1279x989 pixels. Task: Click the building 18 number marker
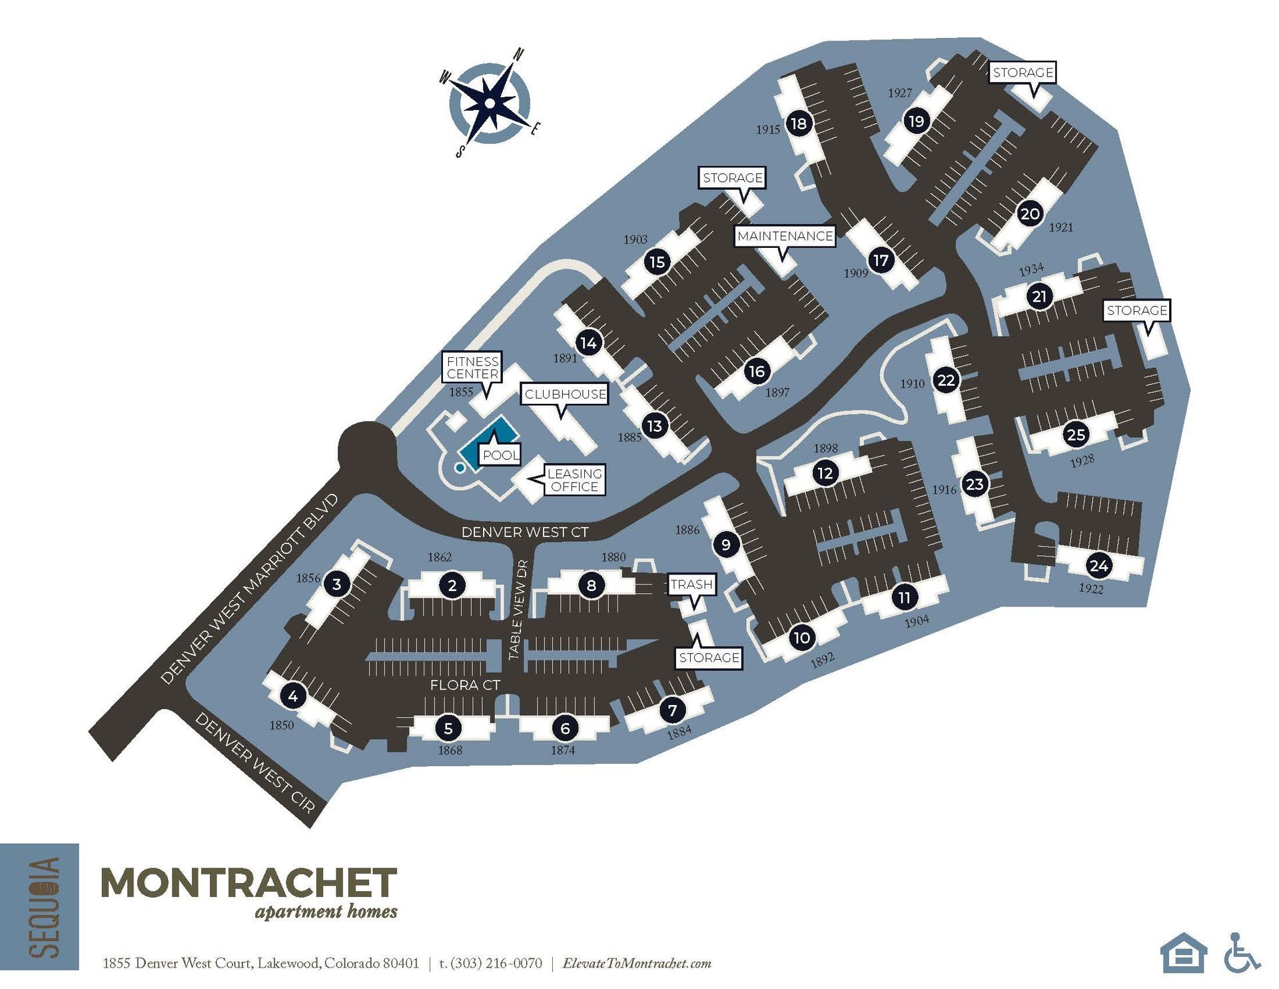(x=798, y=123)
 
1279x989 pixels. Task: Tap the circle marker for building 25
(x=1076, y=435)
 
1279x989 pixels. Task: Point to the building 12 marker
(x=825, y=473)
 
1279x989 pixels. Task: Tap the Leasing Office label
(x=574, y=480)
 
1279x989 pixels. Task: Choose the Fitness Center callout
(x=472, y=368)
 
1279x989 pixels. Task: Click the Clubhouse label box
(x=565, y=394)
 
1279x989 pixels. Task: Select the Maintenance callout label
(x=785, y=236)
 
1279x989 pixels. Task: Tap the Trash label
(x=691, y=584)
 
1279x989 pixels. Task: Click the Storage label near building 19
(x=1023, y=72)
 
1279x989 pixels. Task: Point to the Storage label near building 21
(x=1136, y=310)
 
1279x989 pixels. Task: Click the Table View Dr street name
(x=519, y=609)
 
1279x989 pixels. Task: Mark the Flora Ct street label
(x=465, y=685)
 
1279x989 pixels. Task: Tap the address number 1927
(x=899, y=93)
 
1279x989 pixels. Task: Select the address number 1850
(x=281, y=725)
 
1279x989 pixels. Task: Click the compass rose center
(x=490, y=103)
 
